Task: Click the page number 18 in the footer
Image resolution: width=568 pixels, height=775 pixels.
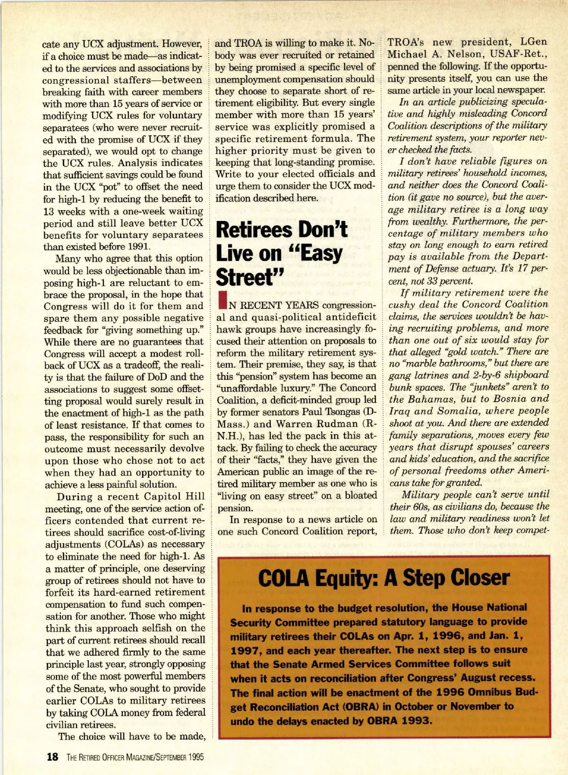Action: click(52, 757)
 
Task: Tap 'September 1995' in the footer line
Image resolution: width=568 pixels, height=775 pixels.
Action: click(178, 757)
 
